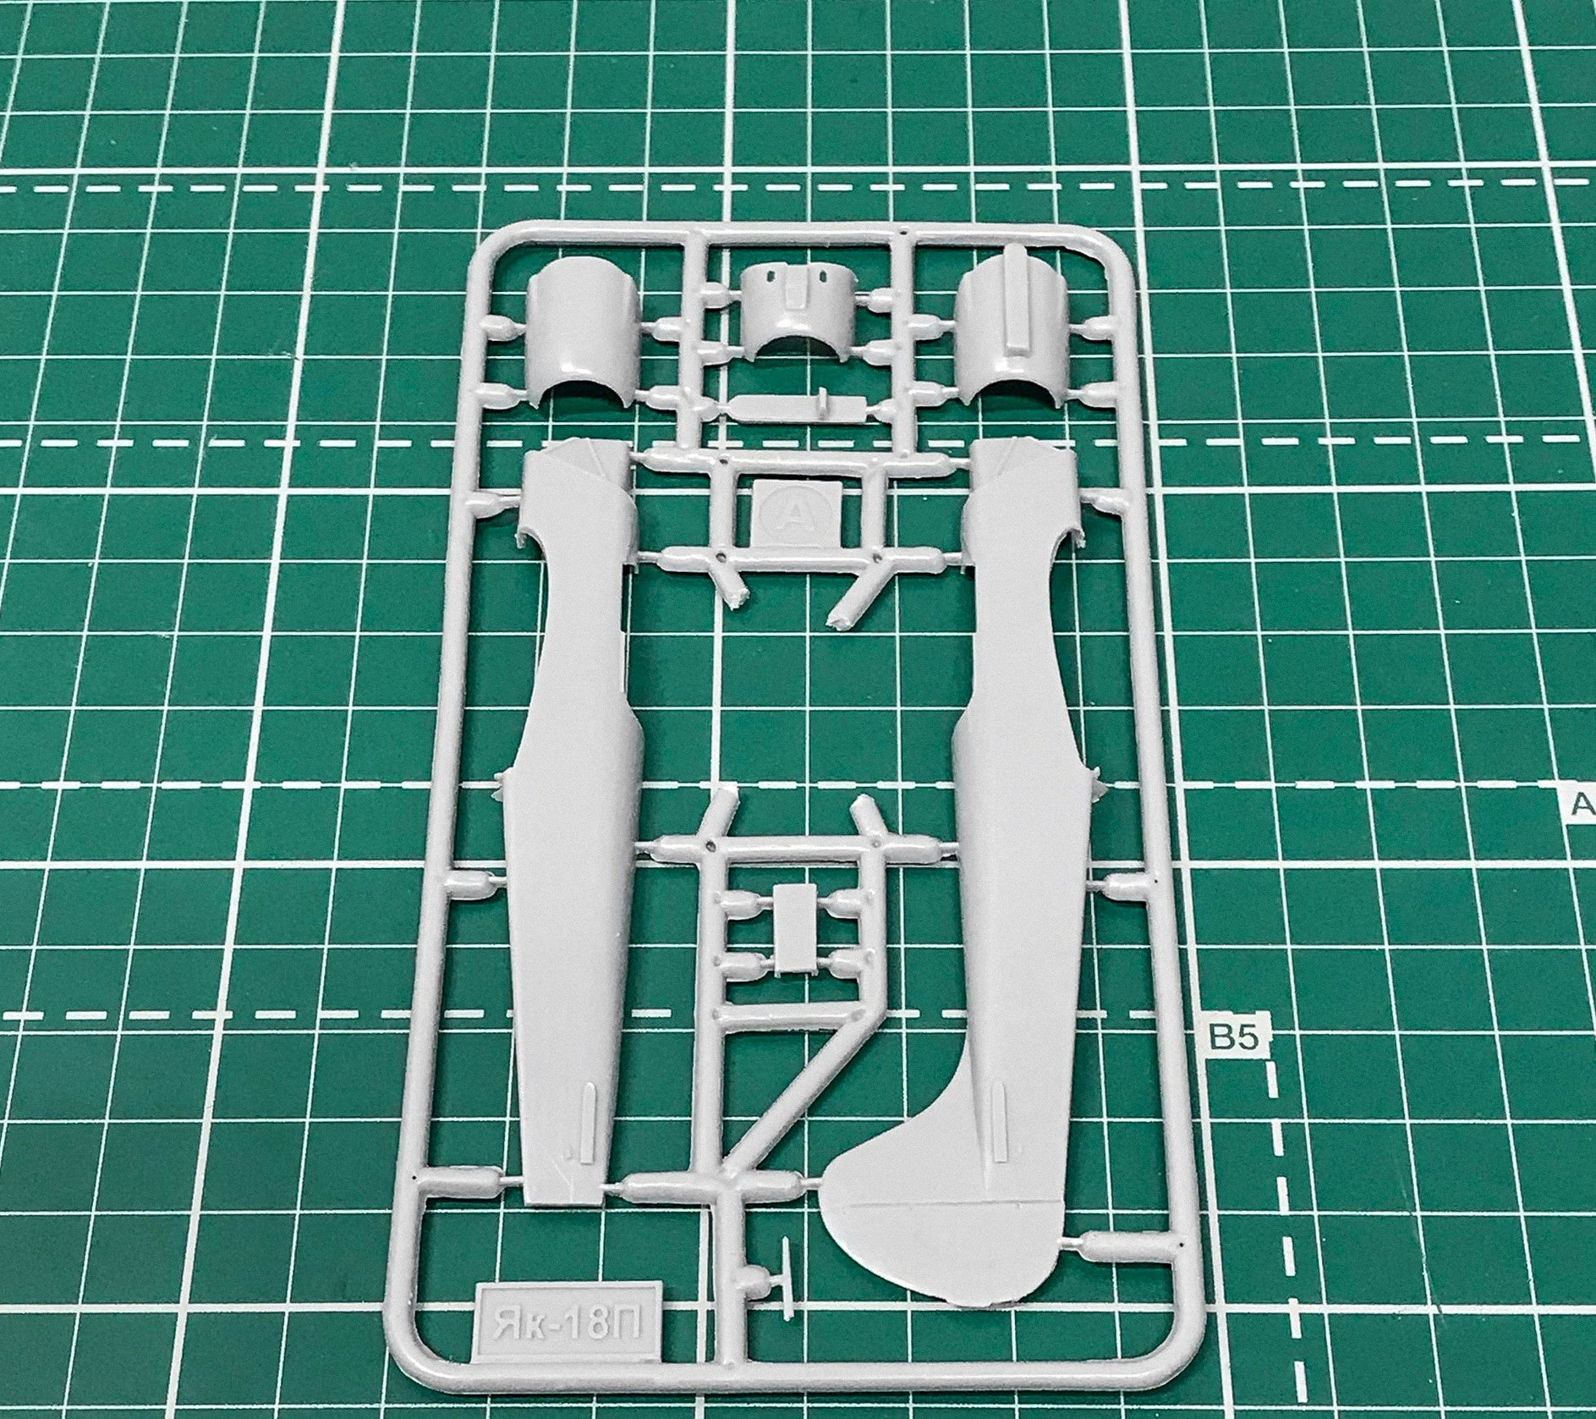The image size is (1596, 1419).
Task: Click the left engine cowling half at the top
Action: coord(579,342)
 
